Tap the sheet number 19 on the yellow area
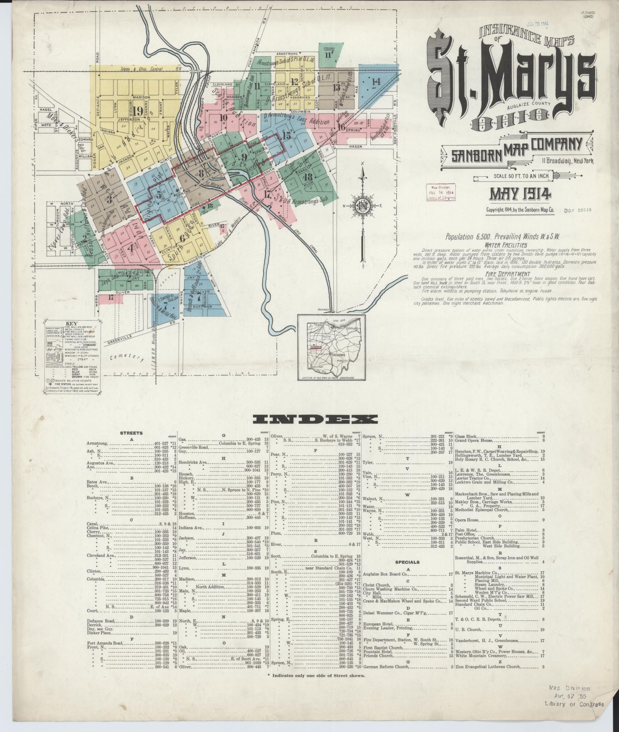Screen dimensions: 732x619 click(x=138, y=111)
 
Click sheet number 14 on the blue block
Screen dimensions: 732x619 click(x=376, y=81)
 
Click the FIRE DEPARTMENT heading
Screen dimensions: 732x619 click(x=513, y=274)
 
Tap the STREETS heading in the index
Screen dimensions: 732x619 click(x=132, y=433)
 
